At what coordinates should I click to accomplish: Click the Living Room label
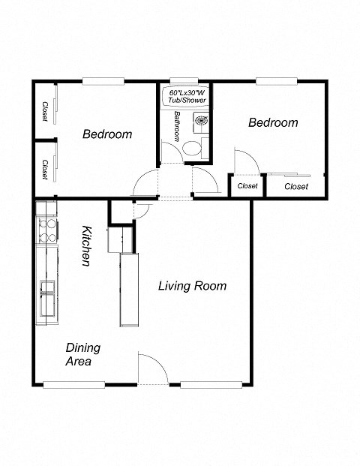(192, 286)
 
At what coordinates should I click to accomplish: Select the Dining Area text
(82, 354)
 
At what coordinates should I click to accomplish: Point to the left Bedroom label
(107, 134)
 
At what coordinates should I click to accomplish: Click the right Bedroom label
(273, 122)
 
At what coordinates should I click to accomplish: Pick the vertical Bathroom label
(178, 127)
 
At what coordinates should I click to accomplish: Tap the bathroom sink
(201, 120)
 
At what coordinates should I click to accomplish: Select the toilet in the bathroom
(193, 147)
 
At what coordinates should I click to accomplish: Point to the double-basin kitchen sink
(46, 295)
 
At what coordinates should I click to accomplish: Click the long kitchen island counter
(129, 289)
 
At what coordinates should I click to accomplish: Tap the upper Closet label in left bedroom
(45, 111)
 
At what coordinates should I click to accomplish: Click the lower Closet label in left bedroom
(45, 169)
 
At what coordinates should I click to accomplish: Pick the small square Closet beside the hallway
(247, 185)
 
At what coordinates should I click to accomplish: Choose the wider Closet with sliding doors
(295, 186)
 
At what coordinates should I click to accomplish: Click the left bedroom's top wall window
(103, 81)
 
